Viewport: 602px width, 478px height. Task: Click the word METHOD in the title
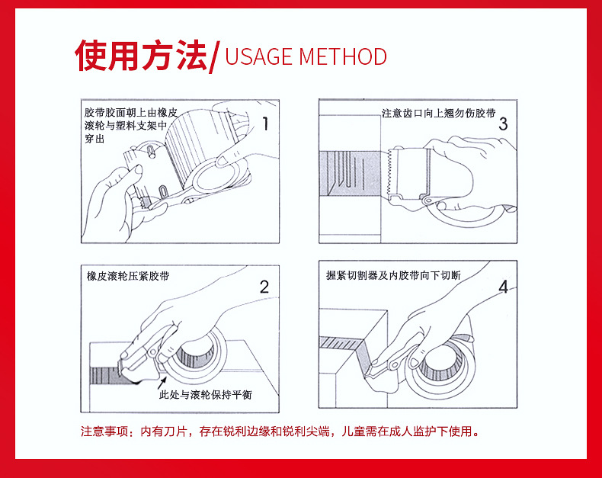tap(343, 56)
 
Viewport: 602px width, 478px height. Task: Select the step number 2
tap(264, 287)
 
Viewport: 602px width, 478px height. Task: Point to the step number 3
tap(502, 124)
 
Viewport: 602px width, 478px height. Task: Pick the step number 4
tap(502, 287)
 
